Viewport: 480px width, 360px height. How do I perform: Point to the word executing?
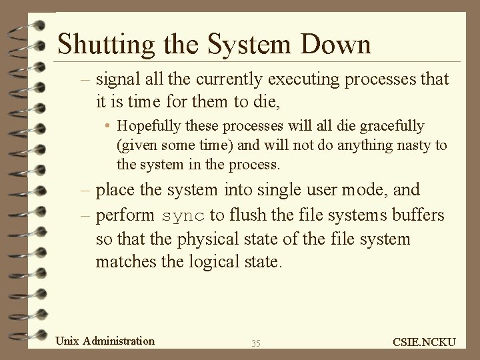coord(287,81)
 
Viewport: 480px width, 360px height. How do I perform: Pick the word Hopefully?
coord(147,125)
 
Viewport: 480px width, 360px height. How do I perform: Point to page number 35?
coord(256,343)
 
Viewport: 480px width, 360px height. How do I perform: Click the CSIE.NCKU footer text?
coord(425,342)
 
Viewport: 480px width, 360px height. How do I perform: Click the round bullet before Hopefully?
coord(107,126)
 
